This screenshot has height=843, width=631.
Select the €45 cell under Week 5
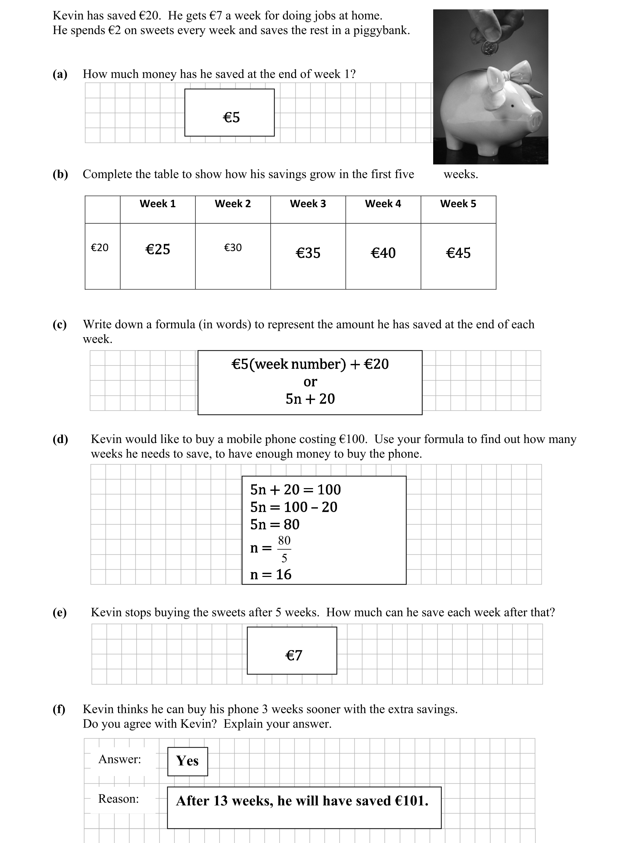tap(458, 253)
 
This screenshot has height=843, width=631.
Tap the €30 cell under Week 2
tap(233, 248)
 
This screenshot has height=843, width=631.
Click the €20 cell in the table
tap(100, 248)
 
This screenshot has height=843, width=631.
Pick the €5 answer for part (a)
tap(231, 117)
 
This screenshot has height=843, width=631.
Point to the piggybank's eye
tap(512, 105)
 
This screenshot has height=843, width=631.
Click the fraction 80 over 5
tap(284, 549)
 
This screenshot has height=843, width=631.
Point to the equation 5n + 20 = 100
tap(295, 489)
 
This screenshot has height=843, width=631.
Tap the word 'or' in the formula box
tap(310, 382)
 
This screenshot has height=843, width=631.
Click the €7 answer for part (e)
tap(294, 655)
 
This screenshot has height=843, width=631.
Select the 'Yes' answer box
tap(187, 761)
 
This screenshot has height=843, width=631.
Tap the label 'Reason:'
tap(119, 798)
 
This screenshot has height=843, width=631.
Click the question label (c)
tap(59, 324)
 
